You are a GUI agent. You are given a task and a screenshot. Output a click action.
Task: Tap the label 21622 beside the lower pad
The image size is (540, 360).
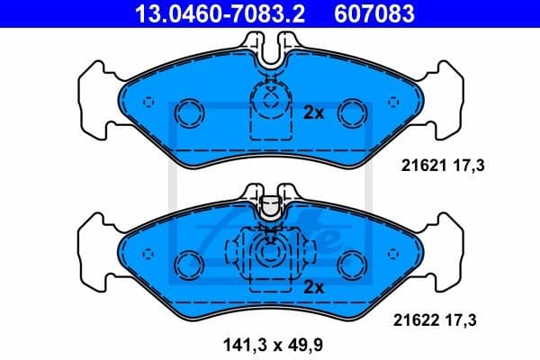click(x=417, y=319)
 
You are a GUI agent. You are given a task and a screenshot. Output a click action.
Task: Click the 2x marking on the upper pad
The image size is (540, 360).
click(x=313, y=112)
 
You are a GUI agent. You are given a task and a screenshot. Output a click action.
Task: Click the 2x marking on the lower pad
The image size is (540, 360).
click(x=313, y=288)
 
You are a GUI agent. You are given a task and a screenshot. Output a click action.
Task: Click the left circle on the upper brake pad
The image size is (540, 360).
click(x=190, y=112)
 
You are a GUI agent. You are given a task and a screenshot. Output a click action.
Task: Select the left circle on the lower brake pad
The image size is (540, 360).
click(x=190, y=263)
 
